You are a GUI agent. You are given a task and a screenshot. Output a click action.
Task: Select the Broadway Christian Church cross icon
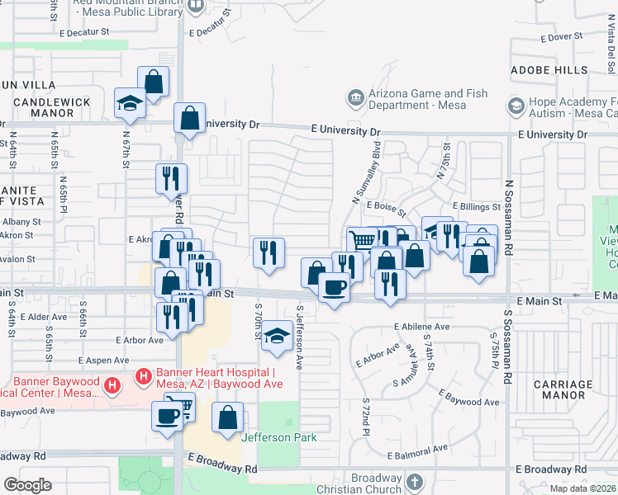(414, 479)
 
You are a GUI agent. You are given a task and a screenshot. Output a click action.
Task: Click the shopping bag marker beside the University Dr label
(190, 118)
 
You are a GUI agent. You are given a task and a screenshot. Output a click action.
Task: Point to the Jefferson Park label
(279, 437)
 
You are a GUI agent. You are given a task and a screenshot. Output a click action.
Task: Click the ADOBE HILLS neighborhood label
(549, 71)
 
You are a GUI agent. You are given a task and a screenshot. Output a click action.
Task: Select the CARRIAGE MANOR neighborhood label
(563, 389)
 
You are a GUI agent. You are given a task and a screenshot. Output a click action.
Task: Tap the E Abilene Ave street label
(421, 327)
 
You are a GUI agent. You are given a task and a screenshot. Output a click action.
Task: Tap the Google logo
(27, 485)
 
